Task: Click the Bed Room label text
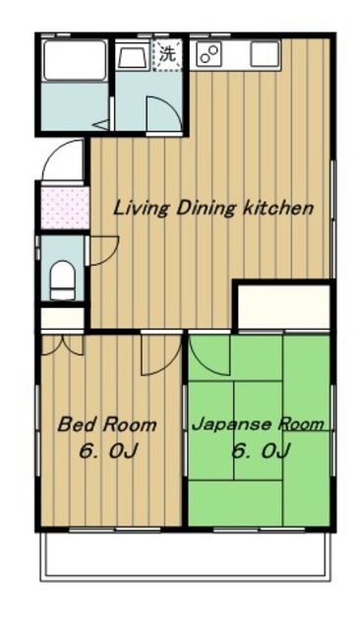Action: (106, 425)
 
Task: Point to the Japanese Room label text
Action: (258, 425)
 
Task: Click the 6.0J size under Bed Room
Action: (106, 454)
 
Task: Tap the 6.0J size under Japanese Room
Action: (260, 454)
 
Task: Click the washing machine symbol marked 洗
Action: (168, 55)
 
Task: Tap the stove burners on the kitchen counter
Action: (210, 54)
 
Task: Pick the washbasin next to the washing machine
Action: (133, 57)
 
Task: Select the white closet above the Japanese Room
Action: (283, 307)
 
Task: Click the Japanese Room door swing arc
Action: (208, 358)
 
